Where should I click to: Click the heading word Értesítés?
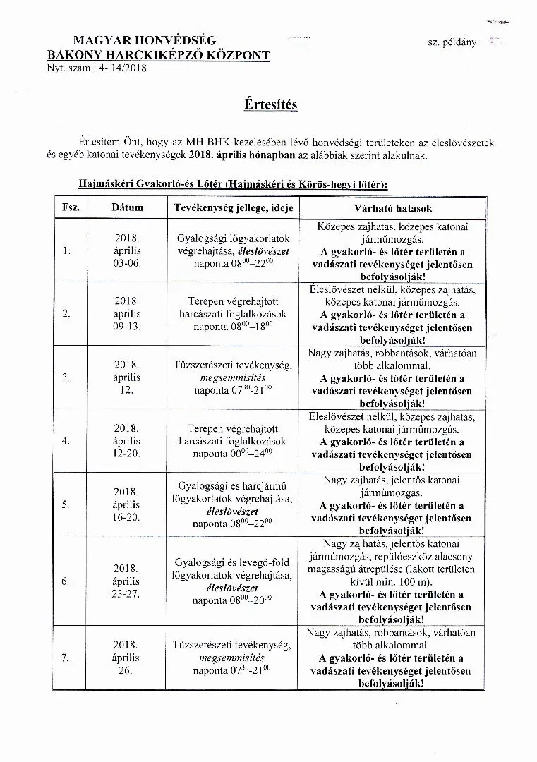[x=270, y=104]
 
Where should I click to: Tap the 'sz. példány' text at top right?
[x=452, y=42]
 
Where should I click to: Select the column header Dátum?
[x=127, y=208]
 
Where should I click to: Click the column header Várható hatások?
[x=392, y=209]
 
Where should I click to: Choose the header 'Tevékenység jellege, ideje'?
[x=233, y=208]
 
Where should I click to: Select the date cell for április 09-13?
[x=127, y=313]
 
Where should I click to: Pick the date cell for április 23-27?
[x=127, y=581]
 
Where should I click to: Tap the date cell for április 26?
[x=127, y=658]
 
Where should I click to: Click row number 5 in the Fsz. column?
[x=66, y=504]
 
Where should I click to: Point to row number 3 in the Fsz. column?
[x=66, y=377]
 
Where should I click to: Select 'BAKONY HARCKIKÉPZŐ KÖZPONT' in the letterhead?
[x=158, y=54]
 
